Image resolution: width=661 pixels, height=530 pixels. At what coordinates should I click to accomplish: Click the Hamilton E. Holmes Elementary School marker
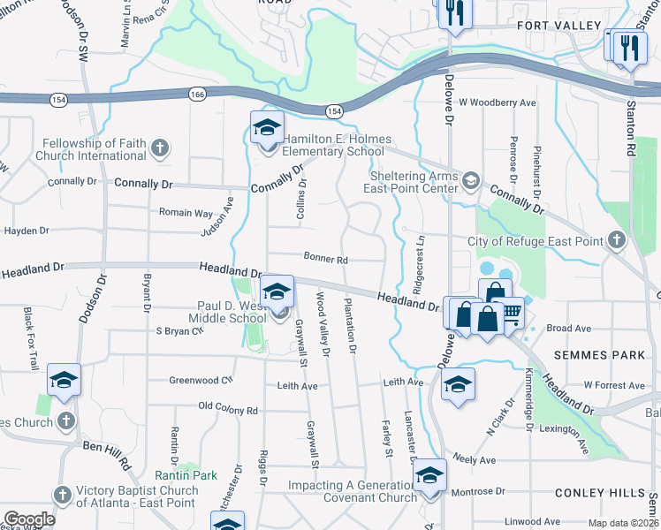(267, 129)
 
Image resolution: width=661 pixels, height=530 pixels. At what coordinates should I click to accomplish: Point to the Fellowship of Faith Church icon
(159, 146)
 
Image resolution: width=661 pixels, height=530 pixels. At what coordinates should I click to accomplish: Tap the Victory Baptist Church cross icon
(62, 493)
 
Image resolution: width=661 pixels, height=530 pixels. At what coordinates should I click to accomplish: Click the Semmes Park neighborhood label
(594, 354)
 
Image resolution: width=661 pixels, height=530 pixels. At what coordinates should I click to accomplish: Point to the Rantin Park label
(194, 475)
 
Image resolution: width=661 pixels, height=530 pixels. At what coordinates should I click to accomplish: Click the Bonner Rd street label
(326, 260)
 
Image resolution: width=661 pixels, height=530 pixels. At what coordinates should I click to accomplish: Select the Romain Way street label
(186, 213)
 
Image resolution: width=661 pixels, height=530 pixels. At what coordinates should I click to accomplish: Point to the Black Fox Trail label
(32, 338)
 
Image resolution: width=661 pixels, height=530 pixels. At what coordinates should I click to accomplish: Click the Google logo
(29, 519)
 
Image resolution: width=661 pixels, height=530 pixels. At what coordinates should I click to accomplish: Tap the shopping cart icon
(511, 313)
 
